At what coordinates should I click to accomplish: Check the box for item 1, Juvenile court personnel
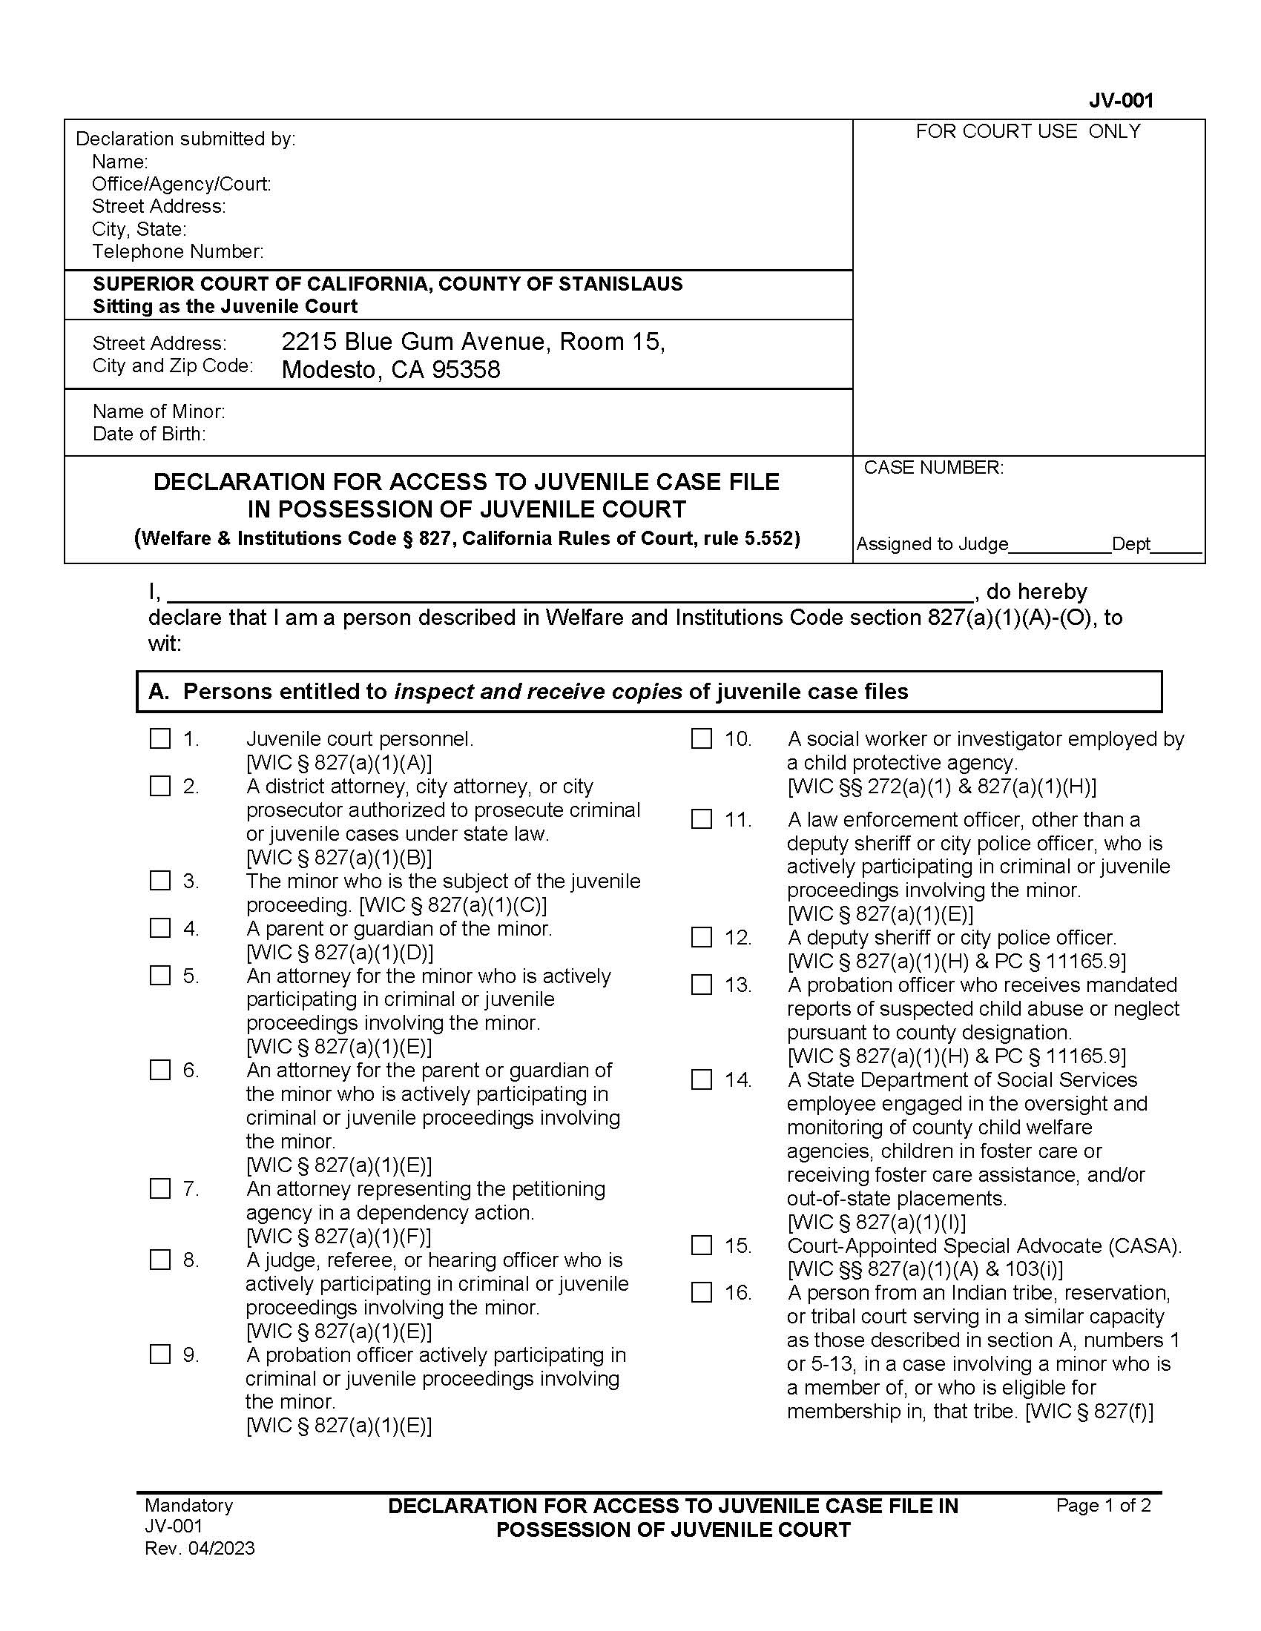[x=160, y=738]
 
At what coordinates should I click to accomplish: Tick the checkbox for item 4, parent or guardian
[x=160, y=927]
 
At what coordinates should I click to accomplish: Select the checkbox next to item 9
[x=160, y=1354]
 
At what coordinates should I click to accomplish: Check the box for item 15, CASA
[x=701, y=1245]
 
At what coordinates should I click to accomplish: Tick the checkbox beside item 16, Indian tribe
[x=701, y=1292]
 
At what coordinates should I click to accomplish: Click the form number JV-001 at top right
[x=1121, y=100]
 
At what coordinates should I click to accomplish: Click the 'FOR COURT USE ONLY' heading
[x=1028, y=131]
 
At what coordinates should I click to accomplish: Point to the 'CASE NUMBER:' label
[x=933, y=468]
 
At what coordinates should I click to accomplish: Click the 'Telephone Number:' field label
[x=178, y=251]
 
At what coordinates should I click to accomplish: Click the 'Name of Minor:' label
[x=159, y=411]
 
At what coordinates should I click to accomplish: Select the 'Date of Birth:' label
[x=148, y=434]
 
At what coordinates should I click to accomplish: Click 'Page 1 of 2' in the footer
[x=1102, y=1505]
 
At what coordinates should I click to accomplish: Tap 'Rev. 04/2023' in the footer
[x=200, y=1548]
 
